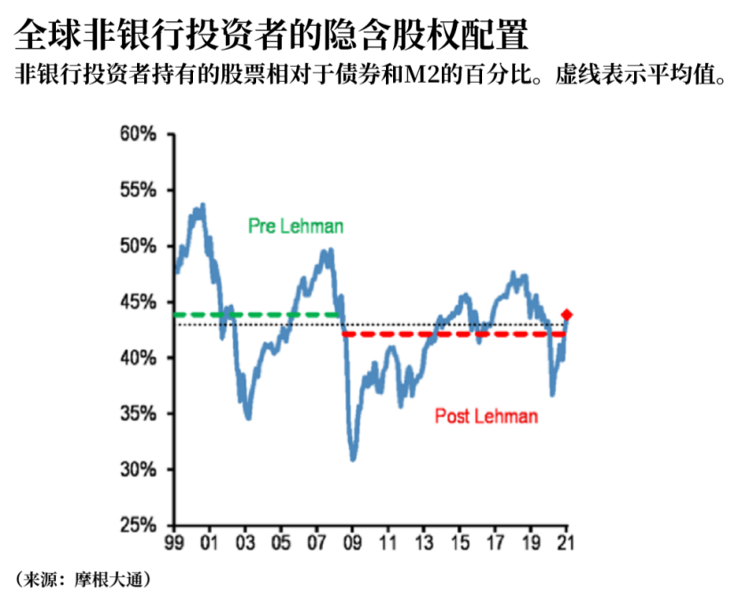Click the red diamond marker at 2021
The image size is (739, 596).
pyautogui.click(x=566, y=315)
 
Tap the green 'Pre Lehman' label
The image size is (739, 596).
pyautogui.click(x=295, y=226)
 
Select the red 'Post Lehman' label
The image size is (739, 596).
pyautogui.click(x=486, y=416)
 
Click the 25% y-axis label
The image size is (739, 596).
pyautogui.click(x=138, y=525)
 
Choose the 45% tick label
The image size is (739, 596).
pyautogui.click(x=138, y=302)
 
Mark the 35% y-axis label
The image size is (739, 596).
pyautogui.click(x=138, y=414)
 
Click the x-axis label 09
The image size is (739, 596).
pyautogui.click(x=352, y=543)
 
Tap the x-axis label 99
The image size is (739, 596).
pyautogui.click(x=174, y=543)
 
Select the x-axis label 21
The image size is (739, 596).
pyautogui.click(x=566, y=543)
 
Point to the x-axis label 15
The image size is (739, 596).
pyautogui.click(x=460, y=543)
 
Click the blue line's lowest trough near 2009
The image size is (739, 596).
pyautogui.click(x=353, y=459)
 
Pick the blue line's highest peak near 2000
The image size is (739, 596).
pyautogui.click(x=203, y=205)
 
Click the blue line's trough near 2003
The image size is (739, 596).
pyautogui.click(x=248, y=417)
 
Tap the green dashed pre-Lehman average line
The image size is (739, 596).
pyautogui.click(x=256, y=315)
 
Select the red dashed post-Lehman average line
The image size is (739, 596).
pyautogui.click(x=454, y=334)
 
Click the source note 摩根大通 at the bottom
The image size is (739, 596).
pyautogui.click(x=108, y=579)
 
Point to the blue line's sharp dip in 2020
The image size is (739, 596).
pyautogui.click(x=552, y=394)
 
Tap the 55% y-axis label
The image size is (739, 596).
pyautogui.click(x=138, y=190)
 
